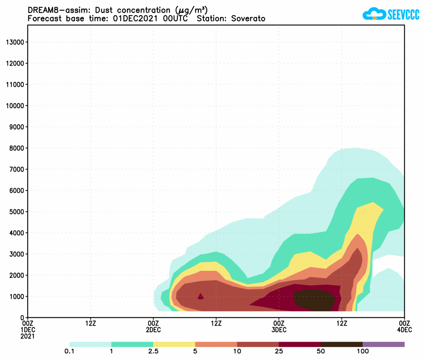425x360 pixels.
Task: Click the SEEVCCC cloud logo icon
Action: coord(373,15)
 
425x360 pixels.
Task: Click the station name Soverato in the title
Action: coord(248,19)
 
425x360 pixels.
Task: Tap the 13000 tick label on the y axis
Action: coord(15,42)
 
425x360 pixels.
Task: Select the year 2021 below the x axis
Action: coord(28,336)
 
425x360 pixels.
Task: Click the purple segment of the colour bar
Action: coord(383,344)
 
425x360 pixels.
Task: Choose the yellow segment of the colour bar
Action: coord(174,344)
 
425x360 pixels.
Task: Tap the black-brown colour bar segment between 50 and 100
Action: coord(341,344)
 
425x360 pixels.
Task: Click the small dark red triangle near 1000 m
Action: coord(201,296)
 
